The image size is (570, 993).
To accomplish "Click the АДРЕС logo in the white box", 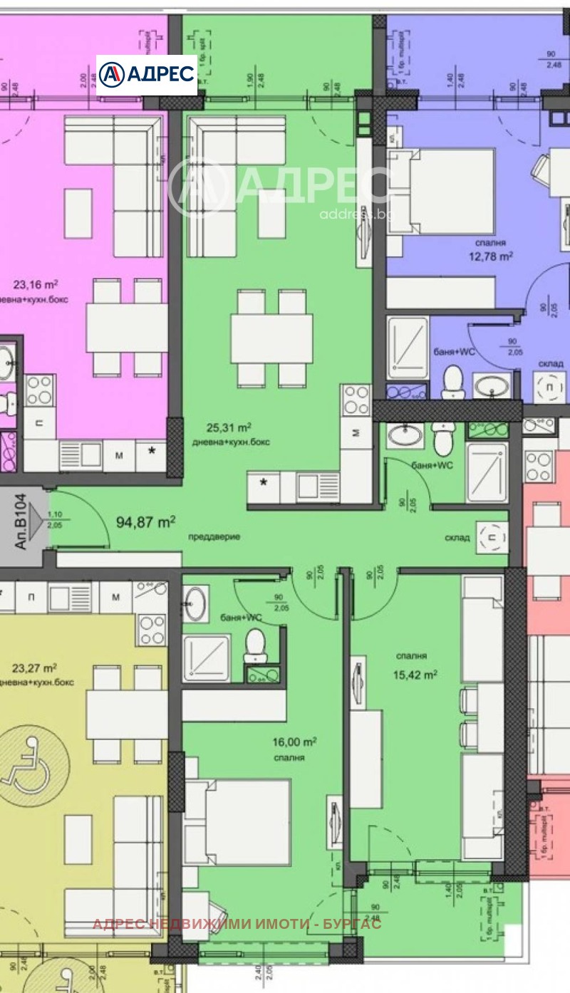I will click(146, 75).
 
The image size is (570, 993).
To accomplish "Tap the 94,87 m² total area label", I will click(145, 522).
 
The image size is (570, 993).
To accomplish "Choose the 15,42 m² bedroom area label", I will click(416, 674).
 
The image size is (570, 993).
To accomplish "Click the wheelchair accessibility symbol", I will click(30, 764).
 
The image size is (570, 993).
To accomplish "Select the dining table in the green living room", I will click(271, 338).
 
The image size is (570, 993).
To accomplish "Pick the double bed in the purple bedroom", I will click(442, 189).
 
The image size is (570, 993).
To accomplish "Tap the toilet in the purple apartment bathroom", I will click(452, 380).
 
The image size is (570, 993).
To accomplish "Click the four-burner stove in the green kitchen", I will click(355, 400).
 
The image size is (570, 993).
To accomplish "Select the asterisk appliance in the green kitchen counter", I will click(264, 483).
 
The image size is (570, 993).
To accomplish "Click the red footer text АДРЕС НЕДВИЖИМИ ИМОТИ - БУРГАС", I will click(237, 924).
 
